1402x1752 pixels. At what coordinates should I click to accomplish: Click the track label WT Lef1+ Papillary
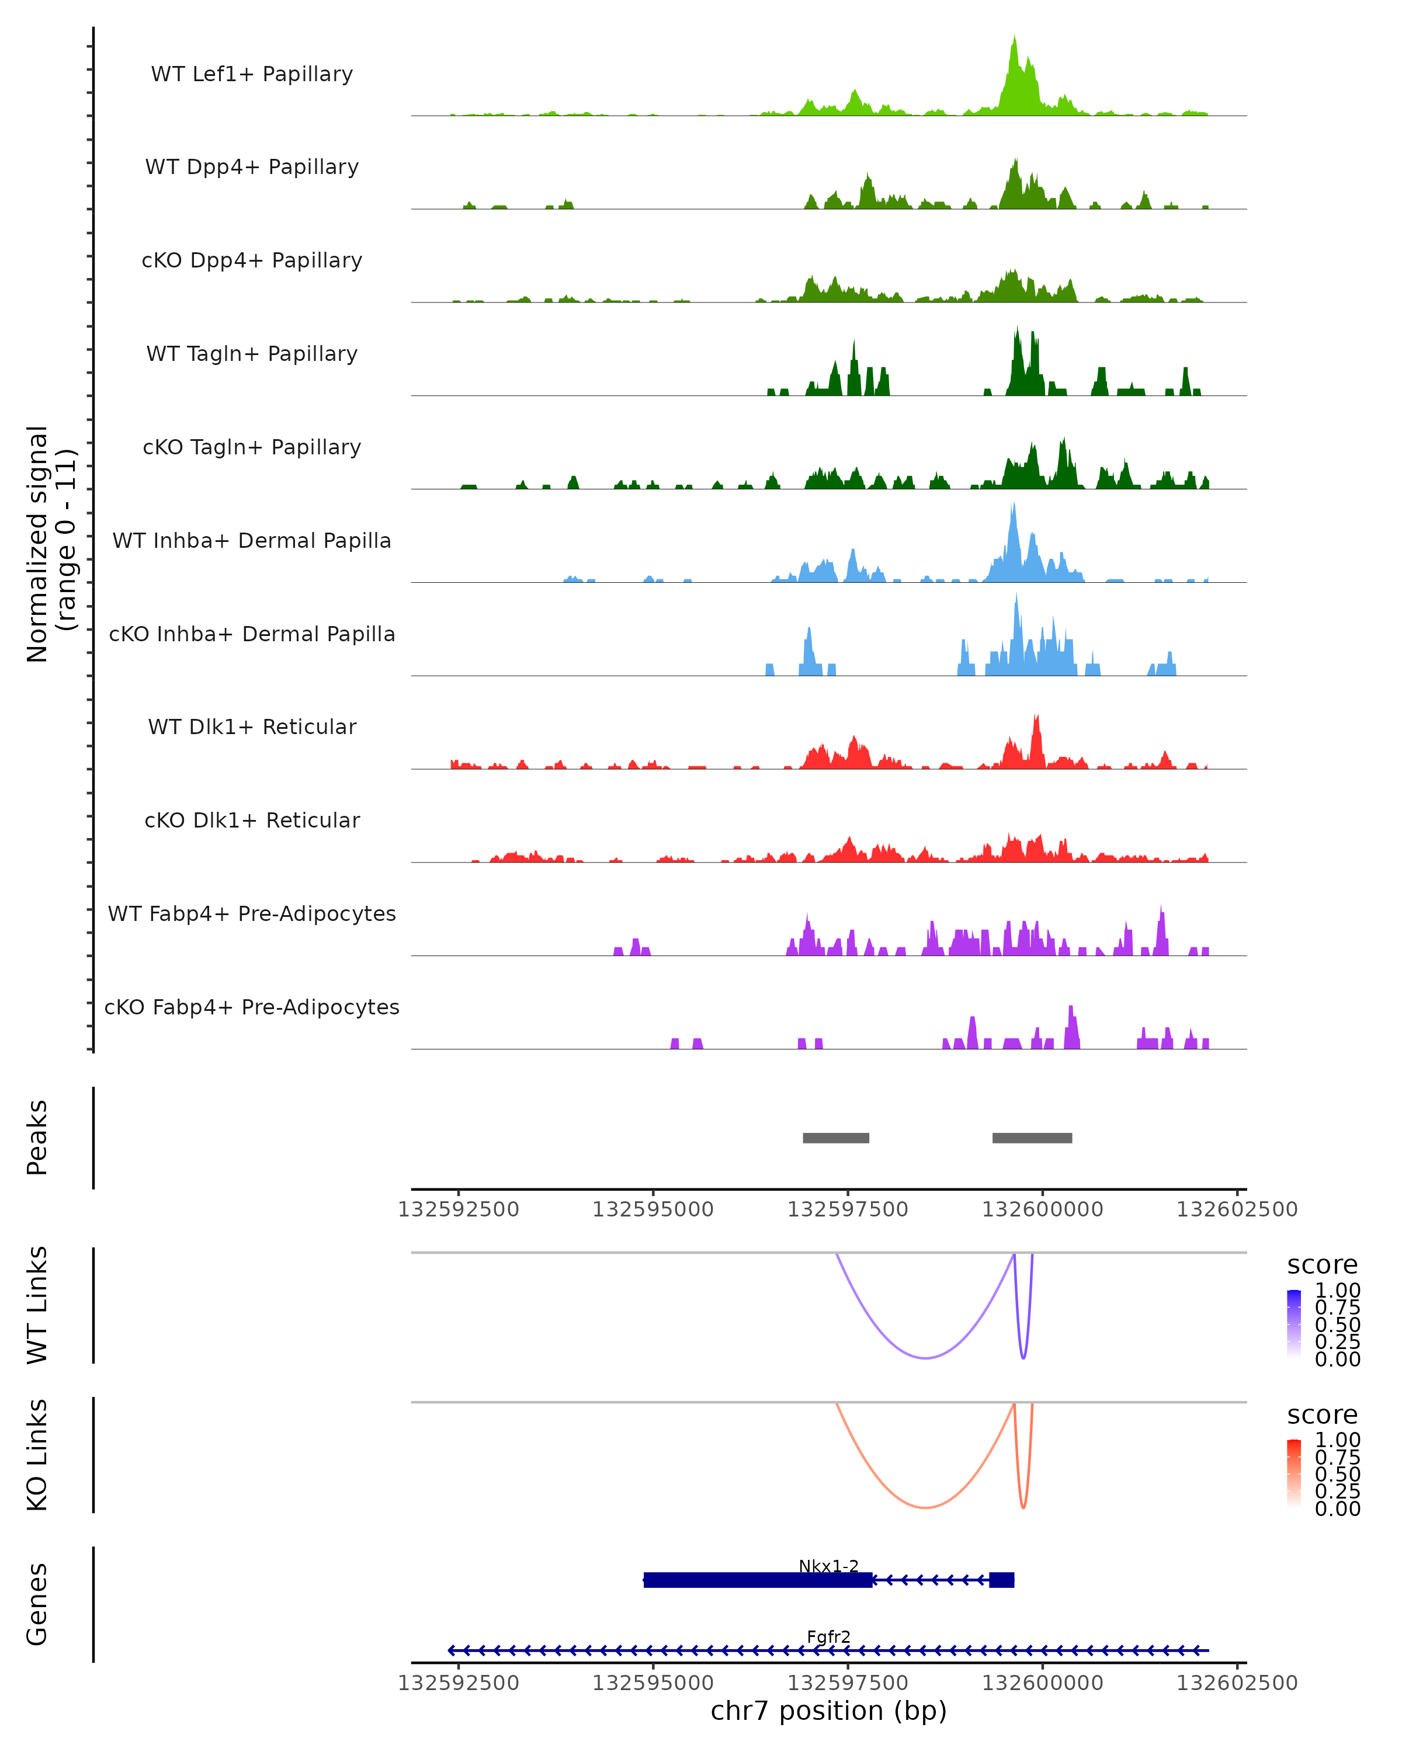[x=252, y=74]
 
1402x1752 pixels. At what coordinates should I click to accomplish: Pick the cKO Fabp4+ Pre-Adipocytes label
[x=252, y=1007]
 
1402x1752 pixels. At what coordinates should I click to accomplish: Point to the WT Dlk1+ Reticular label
[x=252, y=726]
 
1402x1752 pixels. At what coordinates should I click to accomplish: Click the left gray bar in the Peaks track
[x=835, y=1138]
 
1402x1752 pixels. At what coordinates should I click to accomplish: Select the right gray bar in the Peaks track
[x=1032, y=1138]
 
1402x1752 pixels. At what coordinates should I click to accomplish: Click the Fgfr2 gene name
[x=828, y=1636]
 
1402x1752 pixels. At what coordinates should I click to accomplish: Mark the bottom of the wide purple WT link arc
[x=925, y=1358]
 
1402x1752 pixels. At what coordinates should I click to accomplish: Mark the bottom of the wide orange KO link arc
[x=925, y=1507]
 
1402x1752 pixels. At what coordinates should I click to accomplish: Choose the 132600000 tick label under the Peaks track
[x=1042, y=1209]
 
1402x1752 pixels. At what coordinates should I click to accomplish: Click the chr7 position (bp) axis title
[x=828, y=1711]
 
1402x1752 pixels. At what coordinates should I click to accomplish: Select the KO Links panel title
[x=37, y=1455]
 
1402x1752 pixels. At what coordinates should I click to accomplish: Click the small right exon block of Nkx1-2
[x=1001, y=1580]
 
